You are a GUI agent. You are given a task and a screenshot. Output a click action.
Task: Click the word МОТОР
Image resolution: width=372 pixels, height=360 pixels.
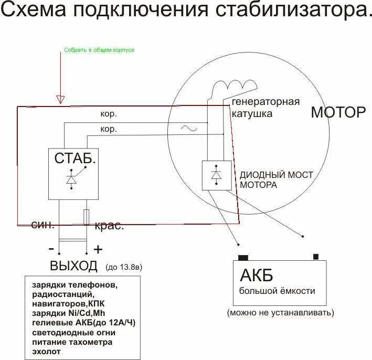[x=338, y=112]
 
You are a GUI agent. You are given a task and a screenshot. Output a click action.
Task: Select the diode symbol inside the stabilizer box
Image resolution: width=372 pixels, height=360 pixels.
[x=71, y=178]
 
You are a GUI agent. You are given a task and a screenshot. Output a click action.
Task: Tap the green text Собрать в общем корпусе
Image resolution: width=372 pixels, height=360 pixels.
[x=99, y=50]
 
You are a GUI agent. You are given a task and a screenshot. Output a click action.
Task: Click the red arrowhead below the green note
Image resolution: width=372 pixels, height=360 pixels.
[x=61, y=99]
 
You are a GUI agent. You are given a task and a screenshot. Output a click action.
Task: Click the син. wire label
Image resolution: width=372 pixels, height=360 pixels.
[x=42, y=225]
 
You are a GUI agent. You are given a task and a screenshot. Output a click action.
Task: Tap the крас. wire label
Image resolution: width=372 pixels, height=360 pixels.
[x=109, y=226]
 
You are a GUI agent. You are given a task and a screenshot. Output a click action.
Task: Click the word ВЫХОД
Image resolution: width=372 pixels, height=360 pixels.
[x=73, y=266]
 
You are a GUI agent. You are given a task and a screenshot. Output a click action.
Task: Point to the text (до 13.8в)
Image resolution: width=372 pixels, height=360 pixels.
[x=124, y=267]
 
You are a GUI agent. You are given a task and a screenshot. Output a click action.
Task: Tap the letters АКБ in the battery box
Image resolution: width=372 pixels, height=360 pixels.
[x=257, y=275]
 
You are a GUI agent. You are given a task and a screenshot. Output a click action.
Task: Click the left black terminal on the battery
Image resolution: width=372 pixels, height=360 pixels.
[x=242, y=257]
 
